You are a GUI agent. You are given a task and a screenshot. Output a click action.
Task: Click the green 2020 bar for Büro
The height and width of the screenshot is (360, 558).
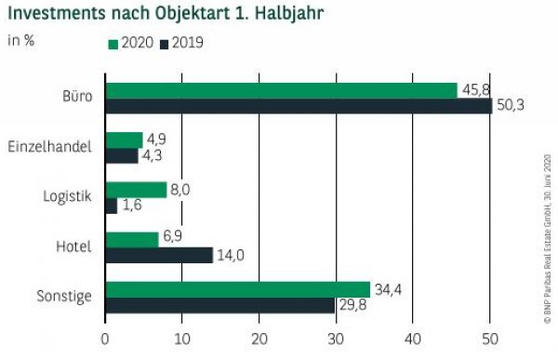pos(281,90)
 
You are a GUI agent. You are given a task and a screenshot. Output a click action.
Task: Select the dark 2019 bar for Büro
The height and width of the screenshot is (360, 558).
pos(298,106)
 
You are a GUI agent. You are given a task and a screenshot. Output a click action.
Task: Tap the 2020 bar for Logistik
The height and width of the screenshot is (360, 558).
pos(136,190)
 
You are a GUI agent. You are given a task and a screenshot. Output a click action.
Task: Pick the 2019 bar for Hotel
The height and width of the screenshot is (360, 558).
pos(158,255)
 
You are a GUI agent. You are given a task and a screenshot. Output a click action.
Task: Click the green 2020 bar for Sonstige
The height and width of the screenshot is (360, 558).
pos(237,289)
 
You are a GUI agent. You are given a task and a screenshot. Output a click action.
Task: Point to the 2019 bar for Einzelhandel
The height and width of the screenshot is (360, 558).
pos(121,155)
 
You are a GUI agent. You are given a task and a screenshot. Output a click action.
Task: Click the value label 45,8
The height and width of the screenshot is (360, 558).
pos(474,90)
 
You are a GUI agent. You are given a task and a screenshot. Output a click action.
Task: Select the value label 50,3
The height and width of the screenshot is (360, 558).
pos(510,106)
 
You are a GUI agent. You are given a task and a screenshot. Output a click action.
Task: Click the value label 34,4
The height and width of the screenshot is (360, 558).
pos(389,288)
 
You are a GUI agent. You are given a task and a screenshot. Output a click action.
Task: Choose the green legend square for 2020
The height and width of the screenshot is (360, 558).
pos(113,43)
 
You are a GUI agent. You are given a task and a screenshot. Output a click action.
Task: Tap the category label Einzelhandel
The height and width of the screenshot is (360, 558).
pos(49,147)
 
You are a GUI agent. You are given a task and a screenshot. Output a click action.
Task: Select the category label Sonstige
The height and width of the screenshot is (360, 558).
pos(64,297)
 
